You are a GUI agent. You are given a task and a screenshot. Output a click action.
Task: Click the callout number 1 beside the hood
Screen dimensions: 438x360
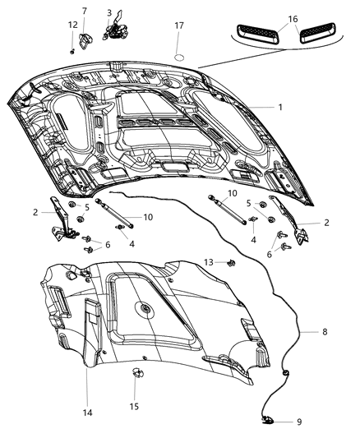pos(279,107)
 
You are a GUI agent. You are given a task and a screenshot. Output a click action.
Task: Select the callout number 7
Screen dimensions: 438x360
pos(82,11)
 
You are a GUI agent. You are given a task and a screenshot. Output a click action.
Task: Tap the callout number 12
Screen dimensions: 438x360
pos(72,25)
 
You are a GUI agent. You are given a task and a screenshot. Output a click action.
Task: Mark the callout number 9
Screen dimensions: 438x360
pos(298,422)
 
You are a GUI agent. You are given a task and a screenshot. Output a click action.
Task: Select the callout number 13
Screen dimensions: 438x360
pos(210,262)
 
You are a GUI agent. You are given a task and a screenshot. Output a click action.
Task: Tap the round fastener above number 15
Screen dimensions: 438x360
pos(134,375)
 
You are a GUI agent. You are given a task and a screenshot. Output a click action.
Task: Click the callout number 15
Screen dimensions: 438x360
pos(134,406)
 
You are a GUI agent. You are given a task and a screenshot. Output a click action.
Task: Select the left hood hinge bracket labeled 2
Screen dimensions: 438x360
pos(60,220)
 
